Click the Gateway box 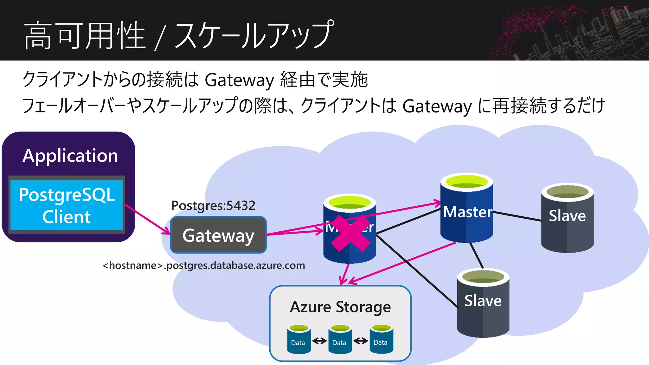[x=218, y=235]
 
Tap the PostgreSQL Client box [x=67, y=205]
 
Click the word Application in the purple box [x=70, y=156]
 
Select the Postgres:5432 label [x=213, y=206]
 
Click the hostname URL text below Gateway [x=204, y=265]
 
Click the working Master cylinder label [x=467, y=212]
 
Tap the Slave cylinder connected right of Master [x=567, y=219]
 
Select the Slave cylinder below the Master [x=483, y=303]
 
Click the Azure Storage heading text [x=340, y=307]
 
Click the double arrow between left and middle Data [x=319, y=341]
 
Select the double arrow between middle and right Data [x=361, y=341]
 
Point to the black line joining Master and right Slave [x=517, y=216]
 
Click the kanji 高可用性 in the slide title [x=85, y=35]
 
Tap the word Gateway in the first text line [x=239, y=80]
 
